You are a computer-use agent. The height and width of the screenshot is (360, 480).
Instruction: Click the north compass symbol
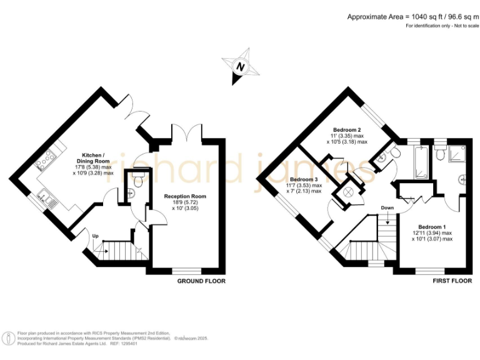(237, 67)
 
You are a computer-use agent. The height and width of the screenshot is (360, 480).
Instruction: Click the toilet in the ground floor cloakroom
(137, 181)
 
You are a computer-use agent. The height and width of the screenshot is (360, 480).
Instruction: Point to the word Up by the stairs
(95, 236)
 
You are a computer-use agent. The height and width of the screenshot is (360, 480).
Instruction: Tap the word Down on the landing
(387, 208)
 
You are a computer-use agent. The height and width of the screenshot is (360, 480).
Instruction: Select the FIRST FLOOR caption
(452, 281)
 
